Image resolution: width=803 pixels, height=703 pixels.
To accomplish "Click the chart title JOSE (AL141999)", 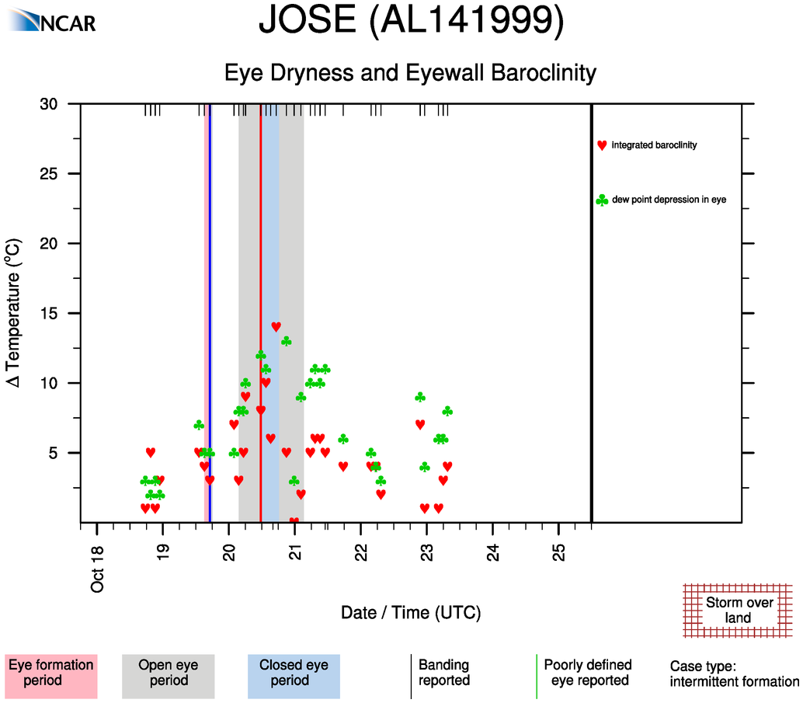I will tap(411, 22).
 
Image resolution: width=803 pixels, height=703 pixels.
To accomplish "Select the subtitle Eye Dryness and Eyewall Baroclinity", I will tap(410, 73).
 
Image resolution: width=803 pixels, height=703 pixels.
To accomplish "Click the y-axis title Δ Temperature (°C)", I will tap(14, 313).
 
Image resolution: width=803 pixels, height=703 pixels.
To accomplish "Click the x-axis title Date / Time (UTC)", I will tap(411, 613).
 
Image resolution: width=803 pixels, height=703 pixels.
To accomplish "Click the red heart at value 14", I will tap(276, 326).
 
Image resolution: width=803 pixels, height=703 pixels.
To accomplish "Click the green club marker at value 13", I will tap(286, 341).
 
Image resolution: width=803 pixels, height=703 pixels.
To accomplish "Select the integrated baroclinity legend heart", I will tap(602, 145).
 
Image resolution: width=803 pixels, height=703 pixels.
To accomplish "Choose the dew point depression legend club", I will tap(602, 200).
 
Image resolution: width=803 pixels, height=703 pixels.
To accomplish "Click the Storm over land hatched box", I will tap(738, 611).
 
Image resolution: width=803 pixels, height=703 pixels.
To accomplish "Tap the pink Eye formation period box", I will tap(50, 673).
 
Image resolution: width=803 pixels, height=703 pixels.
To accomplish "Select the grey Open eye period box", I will tap(168, 673).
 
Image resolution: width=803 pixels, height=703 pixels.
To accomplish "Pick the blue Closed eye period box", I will tap(294, 673).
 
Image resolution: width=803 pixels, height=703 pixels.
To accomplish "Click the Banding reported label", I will tap(443, 673).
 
